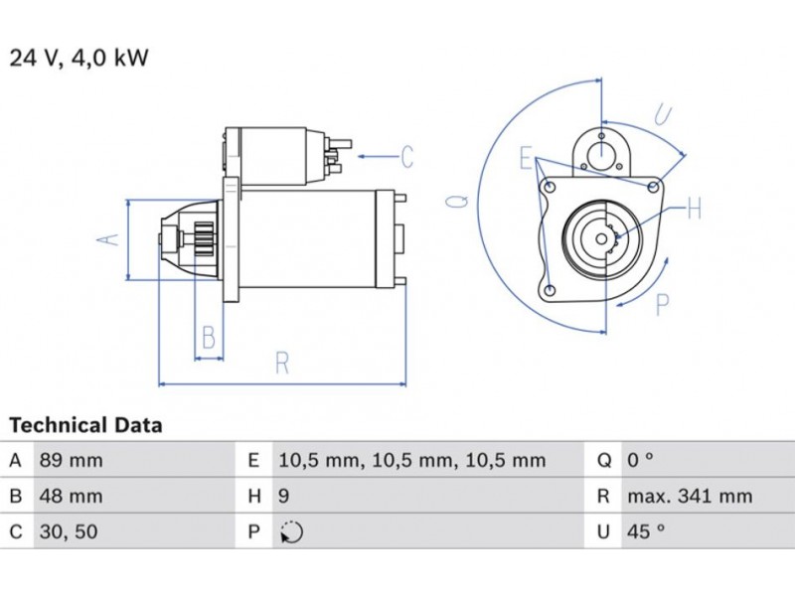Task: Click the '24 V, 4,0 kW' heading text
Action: pyautogui.click(x=79, y=58)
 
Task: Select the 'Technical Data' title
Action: pyautogui.click(x=85, y=426)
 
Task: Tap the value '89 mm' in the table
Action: pyautogui.click(x=70, y=461)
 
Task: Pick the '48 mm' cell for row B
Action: pyautogui.click(x=70, y=497)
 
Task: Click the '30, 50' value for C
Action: pyautogui.click(x=68, y=532)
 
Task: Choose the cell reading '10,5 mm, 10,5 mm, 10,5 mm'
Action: pyautogui.click(x=412, y=461)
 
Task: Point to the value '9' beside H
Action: pyautogui.click(x=283, y=497)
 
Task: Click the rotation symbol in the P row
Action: pyautogui.click(x=290, y=532)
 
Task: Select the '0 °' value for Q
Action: pyautogui.click(x=641, y=461)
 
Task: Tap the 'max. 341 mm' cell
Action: pyautogui.click(x=690, y=497)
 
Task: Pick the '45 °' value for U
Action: pyautogui.click(x=646, y=532)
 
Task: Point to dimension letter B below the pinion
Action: pyautogui.click(x=208, y=338)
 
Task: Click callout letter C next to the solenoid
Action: pyautogui.click(x=406, y=157)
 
